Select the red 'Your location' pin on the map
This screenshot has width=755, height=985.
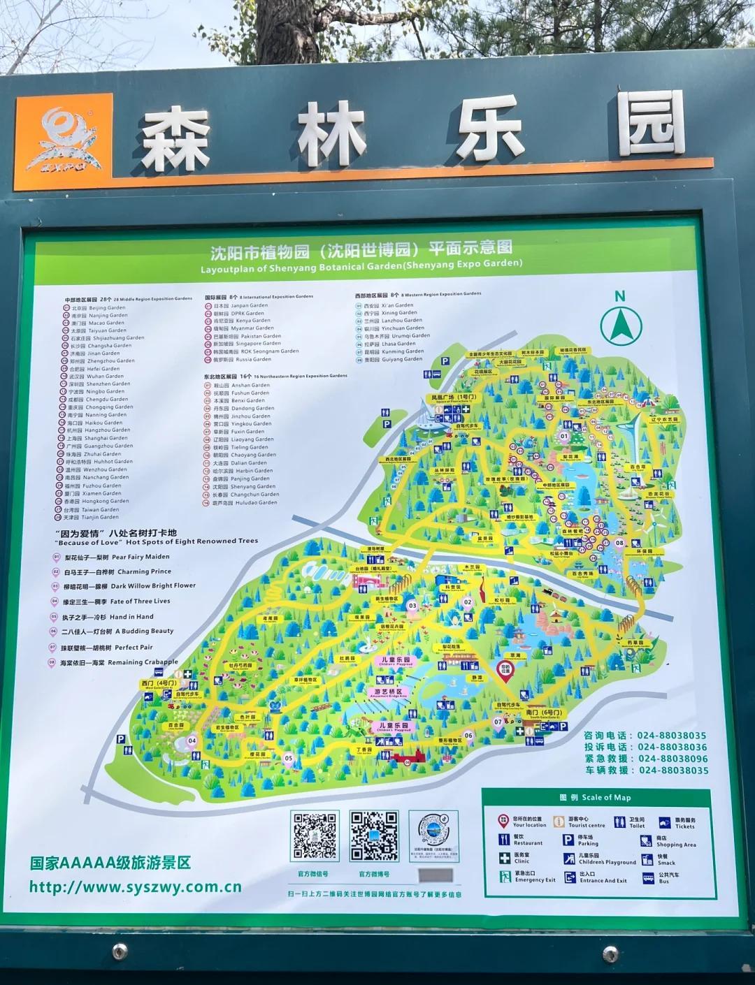click(x=505, y=670)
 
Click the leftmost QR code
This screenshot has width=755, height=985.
click(x=315, y=836)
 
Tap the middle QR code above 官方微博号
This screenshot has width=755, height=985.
click(x=374, y=836)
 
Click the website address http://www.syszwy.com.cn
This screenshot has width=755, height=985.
click(x=135, y=887)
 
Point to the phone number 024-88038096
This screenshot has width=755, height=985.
click(x=673, y=759)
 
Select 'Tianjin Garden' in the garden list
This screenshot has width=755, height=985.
click(x=100, y=518)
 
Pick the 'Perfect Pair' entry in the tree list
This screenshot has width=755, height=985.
click(x=134, y=648)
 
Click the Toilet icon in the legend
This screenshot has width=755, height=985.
click(x=619, y=822)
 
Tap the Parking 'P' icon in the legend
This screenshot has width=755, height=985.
click(x=568, y=840)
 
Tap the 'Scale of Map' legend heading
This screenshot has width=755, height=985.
click(x=595, y=797)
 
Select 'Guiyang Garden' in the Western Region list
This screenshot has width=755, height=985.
click(x=402, y=359)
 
